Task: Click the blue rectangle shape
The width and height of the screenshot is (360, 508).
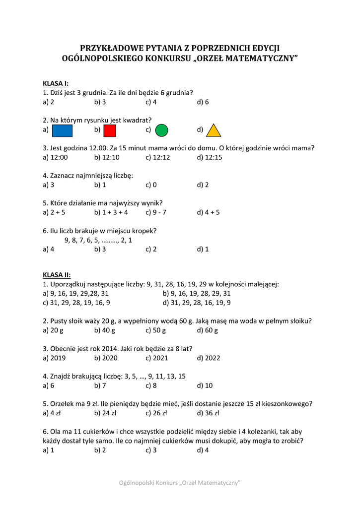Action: (x=62, y=130)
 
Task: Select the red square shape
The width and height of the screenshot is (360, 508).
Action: (x=110, y=130)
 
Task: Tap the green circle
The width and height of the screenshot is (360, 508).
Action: (x=161, y=130)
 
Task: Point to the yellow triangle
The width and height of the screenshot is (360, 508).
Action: (x=213, y=130)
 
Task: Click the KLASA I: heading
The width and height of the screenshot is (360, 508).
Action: (x=56, y=83)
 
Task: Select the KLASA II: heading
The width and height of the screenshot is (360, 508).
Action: (x=57, y=275)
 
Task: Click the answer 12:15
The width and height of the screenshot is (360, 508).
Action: (x=213, y=157)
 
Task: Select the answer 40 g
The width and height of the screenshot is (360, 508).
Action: (x=108, y=330)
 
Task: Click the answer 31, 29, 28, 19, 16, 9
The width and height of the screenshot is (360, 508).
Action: (x=79, y=303)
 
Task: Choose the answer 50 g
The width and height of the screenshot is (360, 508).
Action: (x=159, y=330)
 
